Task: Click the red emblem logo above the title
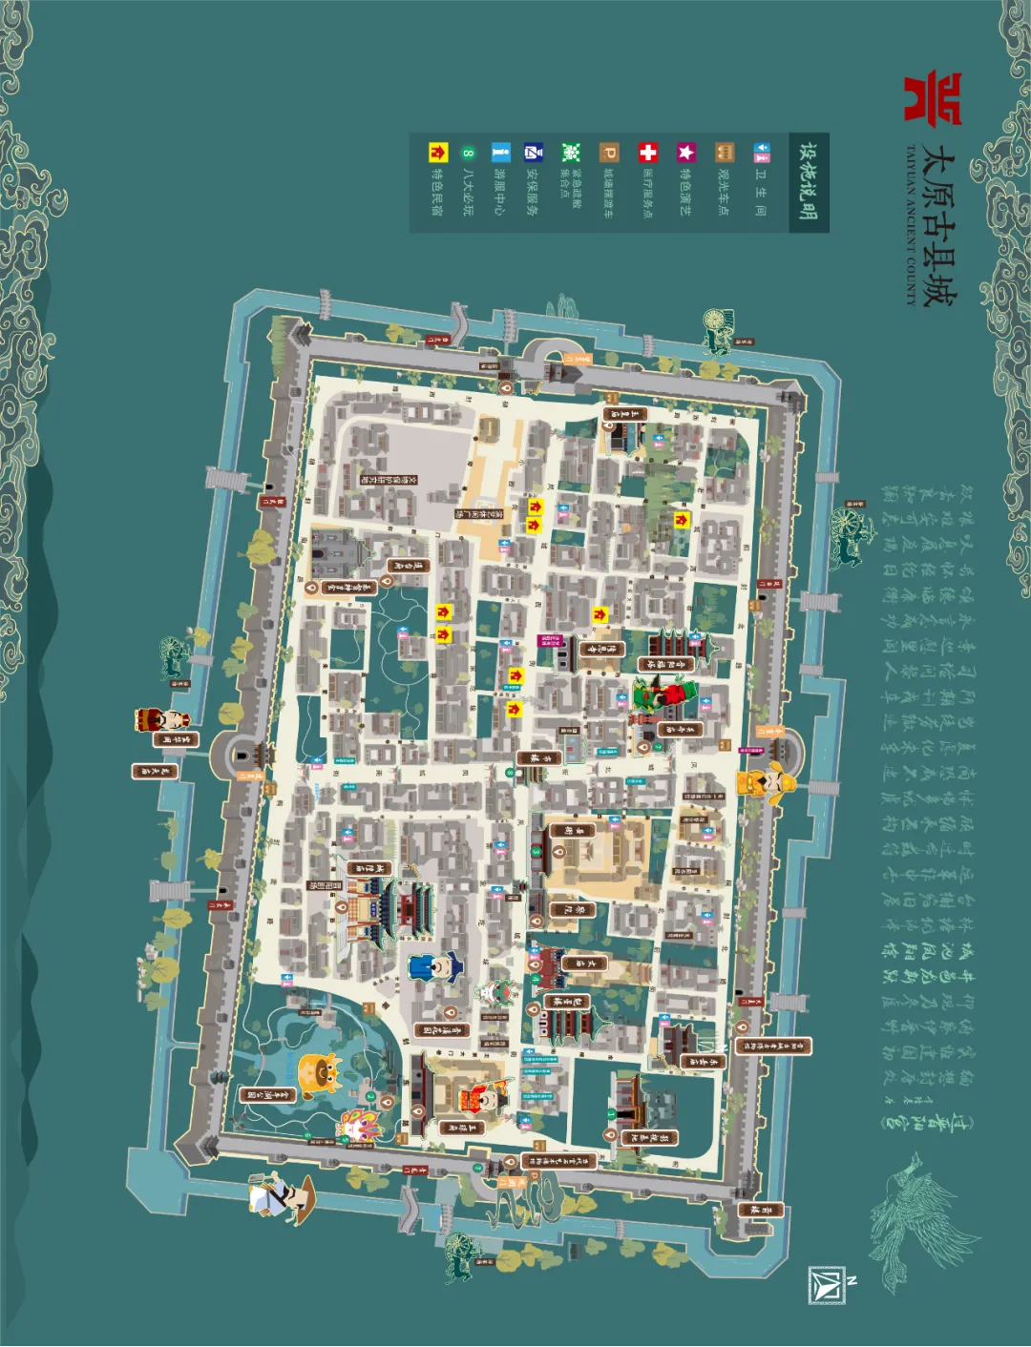(932, 98)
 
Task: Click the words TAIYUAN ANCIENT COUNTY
(911, 225)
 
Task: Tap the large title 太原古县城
(937, 225)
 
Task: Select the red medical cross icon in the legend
(647, 153)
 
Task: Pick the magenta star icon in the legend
(685, 153)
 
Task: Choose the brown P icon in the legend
(609, 153)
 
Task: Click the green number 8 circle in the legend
(468, 153)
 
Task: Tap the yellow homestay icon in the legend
(437, 153)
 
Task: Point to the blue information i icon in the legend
(500, 153)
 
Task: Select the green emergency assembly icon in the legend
(571, 153)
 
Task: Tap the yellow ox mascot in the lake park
(320, 1075)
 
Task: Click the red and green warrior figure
(665, 693)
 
